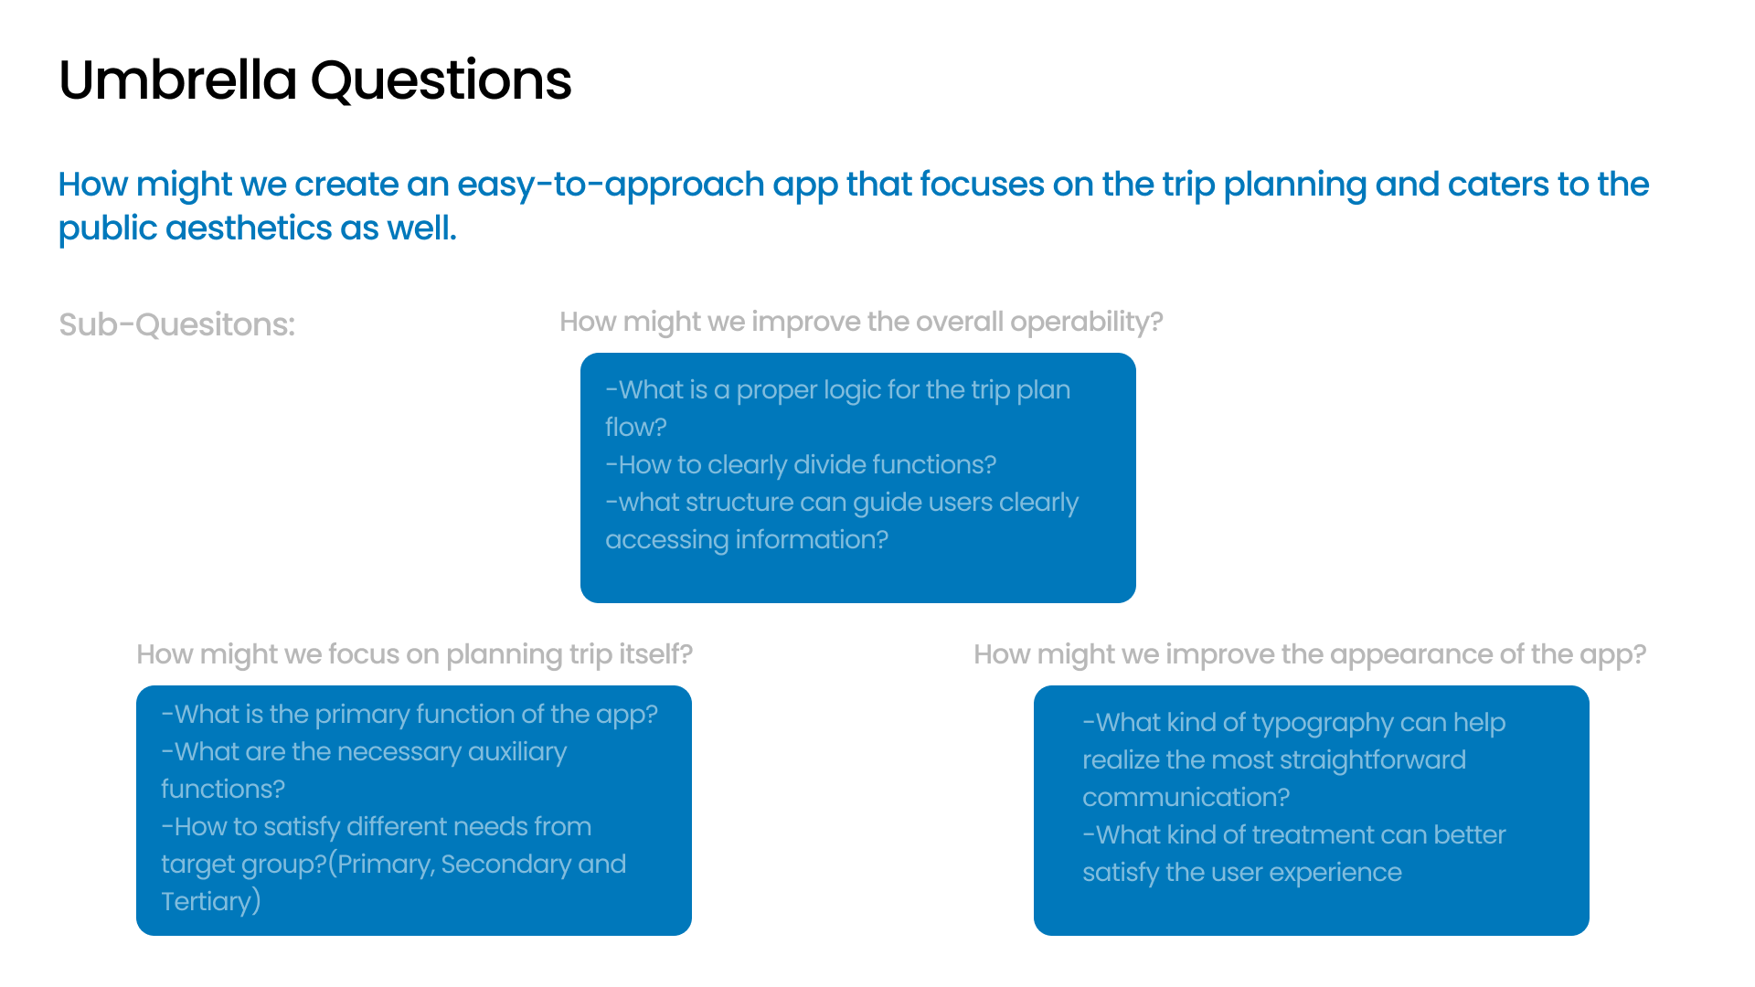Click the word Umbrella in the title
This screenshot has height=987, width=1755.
pyautogui.click(x=178, y=80)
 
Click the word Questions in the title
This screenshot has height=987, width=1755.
pyautogui.click(x=441, y=81)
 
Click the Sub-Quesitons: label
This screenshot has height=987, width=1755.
pyautogui.click(x=177, y=324)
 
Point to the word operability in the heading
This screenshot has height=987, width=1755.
pyautogui.click(x=1087, y=323)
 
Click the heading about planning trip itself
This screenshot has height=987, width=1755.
pyautogui.click(x=415, y=654)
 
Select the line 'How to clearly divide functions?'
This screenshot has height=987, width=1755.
pyautogui.click(x=801, y=464)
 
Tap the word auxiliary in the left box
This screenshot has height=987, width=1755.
pyautogui.click(x=517, y=752)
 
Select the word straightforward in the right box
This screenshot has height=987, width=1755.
pyautogui.click(x=1361, y=760)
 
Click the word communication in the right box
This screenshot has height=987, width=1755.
pyautogui.click(x=1186, y=798)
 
